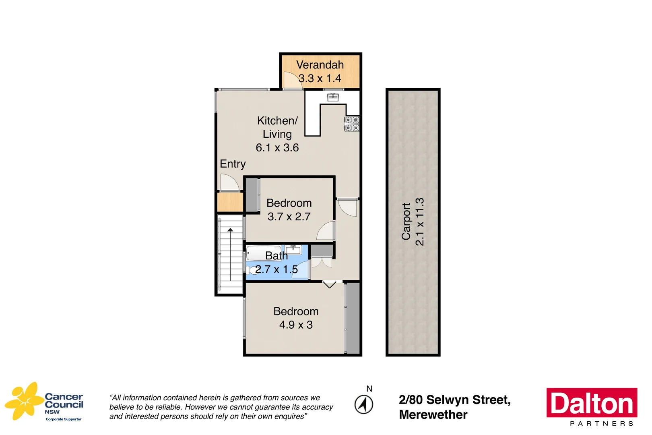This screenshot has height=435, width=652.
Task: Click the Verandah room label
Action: (320, 65)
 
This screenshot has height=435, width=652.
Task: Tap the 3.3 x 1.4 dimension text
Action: (320, 78)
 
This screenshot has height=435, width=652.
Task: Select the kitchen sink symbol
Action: (332, 97)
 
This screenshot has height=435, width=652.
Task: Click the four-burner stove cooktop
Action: (352, 124)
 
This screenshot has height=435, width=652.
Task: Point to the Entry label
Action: (233, 164)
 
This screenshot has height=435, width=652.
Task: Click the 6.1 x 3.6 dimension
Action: (277, 148)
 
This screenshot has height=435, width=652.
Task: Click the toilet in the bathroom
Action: (250, 270)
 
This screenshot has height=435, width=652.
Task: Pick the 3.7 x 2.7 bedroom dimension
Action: (289, 217)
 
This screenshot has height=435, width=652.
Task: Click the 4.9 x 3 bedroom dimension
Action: (296, 325)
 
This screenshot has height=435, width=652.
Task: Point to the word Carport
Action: (406, 222)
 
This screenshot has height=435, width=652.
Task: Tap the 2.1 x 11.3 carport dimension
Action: (420, 222)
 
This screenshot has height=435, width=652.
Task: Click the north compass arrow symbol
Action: (364, 404)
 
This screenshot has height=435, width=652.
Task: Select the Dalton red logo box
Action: (592, 403)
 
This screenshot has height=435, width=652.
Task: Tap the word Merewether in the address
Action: (433, 415)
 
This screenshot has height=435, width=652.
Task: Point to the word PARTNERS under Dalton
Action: (602, 424)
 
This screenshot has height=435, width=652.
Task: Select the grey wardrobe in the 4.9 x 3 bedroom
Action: (353, 318)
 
